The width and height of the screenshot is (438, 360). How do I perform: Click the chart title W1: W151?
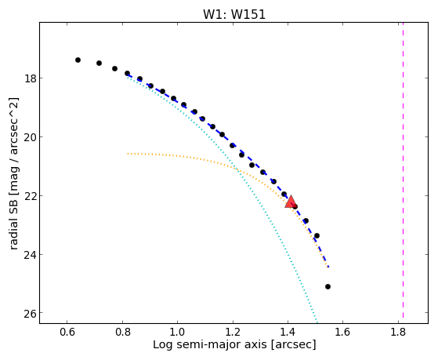(x=234, y=14)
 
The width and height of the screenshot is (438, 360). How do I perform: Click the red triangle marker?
(x=291, y=202)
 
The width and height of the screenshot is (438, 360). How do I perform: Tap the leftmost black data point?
(x=78, y=60)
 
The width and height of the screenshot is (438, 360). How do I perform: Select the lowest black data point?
(x=328, y=287)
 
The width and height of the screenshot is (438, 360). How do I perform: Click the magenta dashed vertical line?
(x=403, y=170)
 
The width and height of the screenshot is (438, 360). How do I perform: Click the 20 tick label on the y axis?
(x=31, y=137)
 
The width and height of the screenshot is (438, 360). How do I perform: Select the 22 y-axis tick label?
(x=31, y=196)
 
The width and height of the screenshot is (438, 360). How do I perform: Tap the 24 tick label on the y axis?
(x=31, y=255)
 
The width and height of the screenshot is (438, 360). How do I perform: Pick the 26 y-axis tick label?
(x=31, y=313)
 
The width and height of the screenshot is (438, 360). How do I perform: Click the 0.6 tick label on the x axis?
(x=67, y=332)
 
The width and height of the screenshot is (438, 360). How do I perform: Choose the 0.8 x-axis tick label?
(x=122, y=332)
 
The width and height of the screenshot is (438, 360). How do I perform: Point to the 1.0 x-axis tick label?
(x=177, y=332)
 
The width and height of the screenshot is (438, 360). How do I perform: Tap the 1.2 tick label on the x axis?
(x=233, y=332)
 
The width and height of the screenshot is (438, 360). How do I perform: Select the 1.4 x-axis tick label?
(x=288, y=332)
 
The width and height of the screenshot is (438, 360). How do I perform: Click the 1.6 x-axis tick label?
(x=343, y=332)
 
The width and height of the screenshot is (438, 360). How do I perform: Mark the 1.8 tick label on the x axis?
(x=399, y=332)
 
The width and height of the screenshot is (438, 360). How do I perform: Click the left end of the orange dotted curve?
(x=128, y=154)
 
